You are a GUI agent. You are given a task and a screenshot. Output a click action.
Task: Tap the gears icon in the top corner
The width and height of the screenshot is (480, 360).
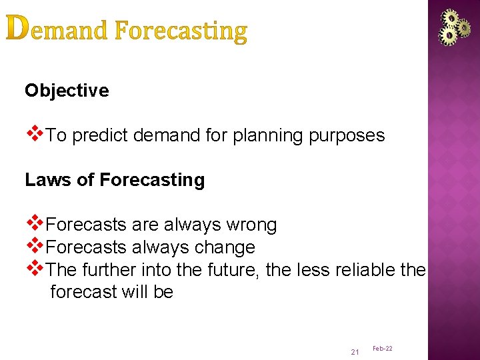[x=454, y=27]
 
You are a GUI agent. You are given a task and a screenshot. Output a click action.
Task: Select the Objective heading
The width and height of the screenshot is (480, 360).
[x=67, y=91]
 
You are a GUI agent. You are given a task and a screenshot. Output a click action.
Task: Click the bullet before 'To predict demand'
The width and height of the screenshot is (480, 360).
[x=34, y=135]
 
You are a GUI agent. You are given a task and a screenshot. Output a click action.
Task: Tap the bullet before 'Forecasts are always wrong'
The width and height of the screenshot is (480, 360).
[x=34, y=224]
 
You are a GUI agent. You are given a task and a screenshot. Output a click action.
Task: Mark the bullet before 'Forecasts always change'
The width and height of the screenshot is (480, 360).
[x=34, y=246]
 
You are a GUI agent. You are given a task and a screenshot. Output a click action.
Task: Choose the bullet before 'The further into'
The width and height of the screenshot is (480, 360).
[x=34, y=268]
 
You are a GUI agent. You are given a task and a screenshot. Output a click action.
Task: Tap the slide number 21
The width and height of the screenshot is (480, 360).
[x=354, y=351]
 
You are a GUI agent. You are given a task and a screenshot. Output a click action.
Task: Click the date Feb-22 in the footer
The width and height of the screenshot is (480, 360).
[x=382, y=349]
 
